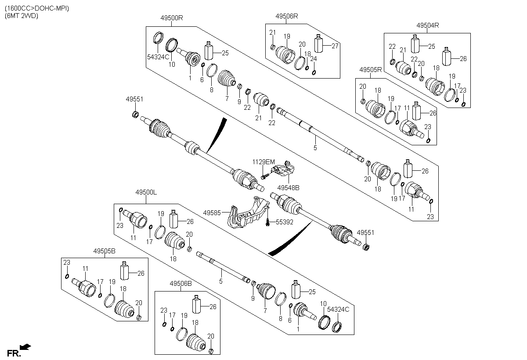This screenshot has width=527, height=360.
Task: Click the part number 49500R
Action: pos(171,18)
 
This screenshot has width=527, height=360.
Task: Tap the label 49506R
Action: pos(287,16)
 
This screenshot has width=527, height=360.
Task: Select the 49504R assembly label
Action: pos(428,25)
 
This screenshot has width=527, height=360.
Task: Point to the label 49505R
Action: pos(371,70)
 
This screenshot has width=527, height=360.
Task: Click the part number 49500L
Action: pos(147,192)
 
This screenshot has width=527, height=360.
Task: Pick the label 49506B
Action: pos(180,284)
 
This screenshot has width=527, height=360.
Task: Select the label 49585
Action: pos(212,212)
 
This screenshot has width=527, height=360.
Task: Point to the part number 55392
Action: pos(284,223)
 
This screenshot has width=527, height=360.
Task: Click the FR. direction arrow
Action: pos(26,347)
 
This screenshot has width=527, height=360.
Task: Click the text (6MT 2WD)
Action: pos(22,16)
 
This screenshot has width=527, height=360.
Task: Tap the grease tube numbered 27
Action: pos(319,44)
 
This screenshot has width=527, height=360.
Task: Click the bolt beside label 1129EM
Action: pos(265,176)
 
